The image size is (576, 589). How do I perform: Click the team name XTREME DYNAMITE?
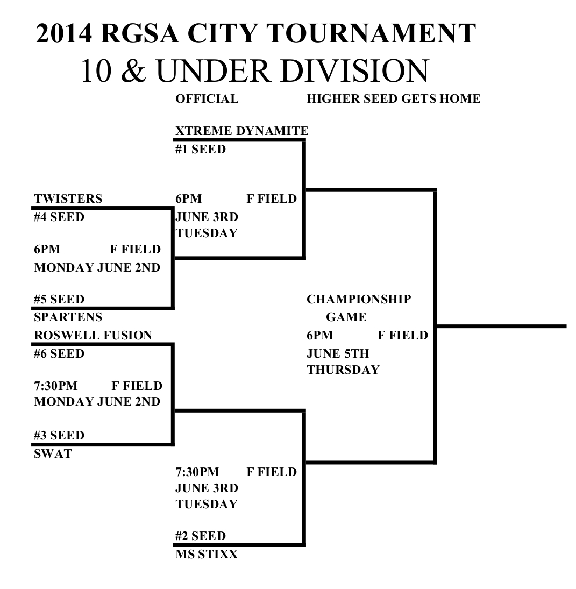click(241, 131)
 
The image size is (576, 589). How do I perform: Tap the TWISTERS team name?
click(68, 199)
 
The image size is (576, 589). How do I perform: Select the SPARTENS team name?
click(68, 317)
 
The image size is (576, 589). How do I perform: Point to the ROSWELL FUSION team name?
click(93, 336)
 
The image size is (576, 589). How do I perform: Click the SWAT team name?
click(53, 454)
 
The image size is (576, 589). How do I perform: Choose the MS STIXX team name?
click(206, 555)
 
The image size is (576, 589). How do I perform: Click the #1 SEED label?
click(200, 150)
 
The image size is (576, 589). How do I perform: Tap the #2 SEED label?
click(200, 536)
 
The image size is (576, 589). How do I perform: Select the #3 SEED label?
click(59, 435)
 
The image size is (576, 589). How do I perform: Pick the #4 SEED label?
click(59, 218)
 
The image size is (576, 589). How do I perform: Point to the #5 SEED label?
click(59, 299)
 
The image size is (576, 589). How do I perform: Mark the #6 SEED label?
click(59, 354)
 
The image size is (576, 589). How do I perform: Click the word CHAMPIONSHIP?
click(359, 299)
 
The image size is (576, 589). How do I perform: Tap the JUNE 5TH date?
click(337, 354)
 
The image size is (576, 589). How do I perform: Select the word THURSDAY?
click(343, 370)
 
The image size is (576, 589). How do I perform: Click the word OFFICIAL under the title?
click(207, 99)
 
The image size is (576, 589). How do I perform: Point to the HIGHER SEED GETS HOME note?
click(393, 99)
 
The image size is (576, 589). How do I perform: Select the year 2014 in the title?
click(64, 33)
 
